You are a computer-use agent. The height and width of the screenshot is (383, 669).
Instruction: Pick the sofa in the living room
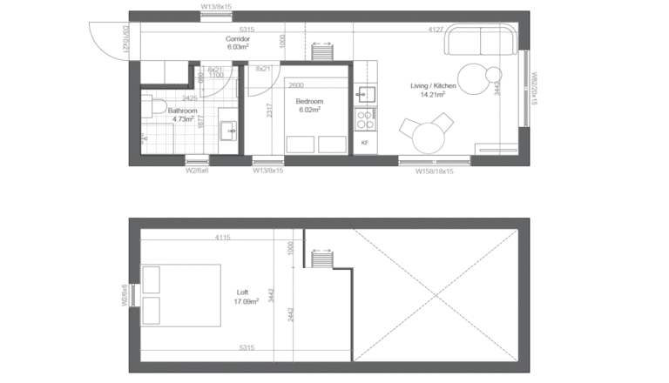click(481, 41)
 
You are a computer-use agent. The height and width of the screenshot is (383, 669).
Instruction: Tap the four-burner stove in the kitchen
click(365, 118)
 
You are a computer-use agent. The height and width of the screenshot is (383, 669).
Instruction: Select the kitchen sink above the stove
click(365, 92)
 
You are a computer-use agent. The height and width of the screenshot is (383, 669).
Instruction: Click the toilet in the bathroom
click(157, 107)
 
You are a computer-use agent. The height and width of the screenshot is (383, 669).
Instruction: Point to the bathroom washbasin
click(229, 131)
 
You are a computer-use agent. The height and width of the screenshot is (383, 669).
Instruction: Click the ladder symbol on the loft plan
click(321, 259)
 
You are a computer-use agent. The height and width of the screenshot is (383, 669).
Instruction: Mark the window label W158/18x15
click(435, 171)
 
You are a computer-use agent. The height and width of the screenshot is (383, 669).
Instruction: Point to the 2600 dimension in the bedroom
click(296, 85)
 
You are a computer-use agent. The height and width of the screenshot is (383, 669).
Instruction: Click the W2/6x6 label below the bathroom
click(197, 171)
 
